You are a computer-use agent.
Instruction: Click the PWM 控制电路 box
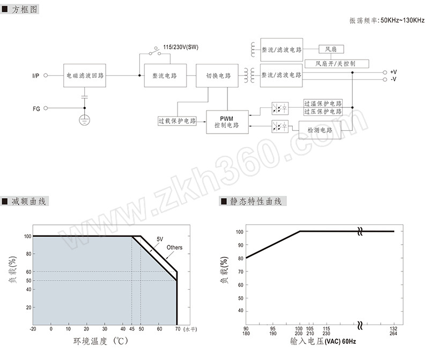coord(227,122)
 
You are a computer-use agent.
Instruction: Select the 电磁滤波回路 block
coord(85,76)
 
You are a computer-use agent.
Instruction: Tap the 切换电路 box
coord(217,76)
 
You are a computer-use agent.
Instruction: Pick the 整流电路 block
coord(166,76)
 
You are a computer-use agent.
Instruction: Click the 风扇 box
coord(331,49)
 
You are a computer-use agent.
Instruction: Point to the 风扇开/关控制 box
coord(337,64)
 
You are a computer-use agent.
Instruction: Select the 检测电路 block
coord(320,130)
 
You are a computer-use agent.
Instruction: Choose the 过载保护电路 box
coord(177,121)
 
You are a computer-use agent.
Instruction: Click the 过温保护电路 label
coord(323,104)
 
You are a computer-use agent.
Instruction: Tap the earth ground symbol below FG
coord(85,120)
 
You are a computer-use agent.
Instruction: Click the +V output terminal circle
coord(384,72)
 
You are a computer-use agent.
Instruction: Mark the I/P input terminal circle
coord(46,76)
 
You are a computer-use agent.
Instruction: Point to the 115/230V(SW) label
coord(181,47)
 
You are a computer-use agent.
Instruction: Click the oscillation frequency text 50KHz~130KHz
coord(403,20)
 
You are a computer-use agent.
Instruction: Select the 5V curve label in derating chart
coord(160,239)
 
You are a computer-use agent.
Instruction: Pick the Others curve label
coord(175,247)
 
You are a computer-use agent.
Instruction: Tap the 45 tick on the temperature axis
coord(132,329)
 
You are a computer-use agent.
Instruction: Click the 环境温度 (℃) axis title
coord(101,341)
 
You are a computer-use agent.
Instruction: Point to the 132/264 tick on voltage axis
coord(394,331)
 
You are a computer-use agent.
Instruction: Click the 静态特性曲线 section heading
coord(256,202)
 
